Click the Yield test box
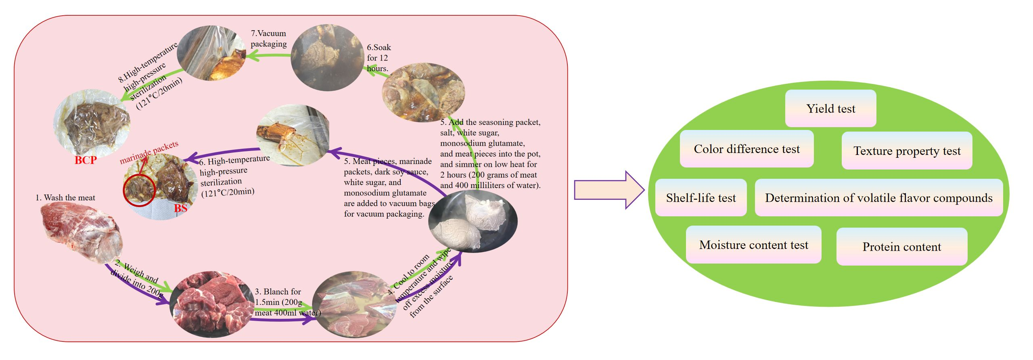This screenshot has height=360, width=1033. click(x=830, y=109)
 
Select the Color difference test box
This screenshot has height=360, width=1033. click(x=747, y=149)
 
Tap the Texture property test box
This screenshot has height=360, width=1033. click(x=907, y=151)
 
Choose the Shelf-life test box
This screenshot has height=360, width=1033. click(x=701, y=198)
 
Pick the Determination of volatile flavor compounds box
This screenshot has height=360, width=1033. click(x=878, y=198)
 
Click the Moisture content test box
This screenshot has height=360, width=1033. click(x=753, y=245)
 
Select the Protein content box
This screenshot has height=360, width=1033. click(x=901, y=247)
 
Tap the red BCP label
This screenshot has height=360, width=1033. click(x=86, y=160)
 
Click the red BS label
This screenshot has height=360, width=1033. click(x=181, y=208)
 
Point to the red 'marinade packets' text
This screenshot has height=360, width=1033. click(x=149, y=152)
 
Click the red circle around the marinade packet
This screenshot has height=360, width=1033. click(x=139, y=190)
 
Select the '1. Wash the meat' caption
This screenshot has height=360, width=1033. click(x=65, y=198)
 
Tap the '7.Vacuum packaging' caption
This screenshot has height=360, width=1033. click(x=268, y=38)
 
